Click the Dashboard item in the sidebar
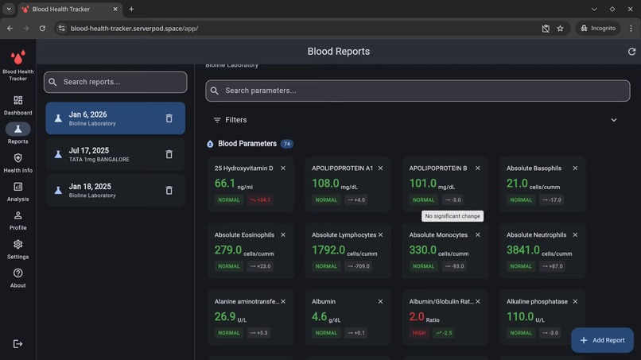(x=17, y=105)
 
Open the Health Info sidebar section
(x=17, y=162)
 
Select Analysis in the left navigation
(x=17, y=192)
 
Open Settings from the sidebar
(x=17, y=249)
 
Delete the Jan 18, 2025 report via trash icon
(x=169, y=190)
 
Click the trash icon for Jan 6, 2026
(x=169, y=118)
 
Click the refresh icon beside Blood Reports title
(x=631, y=52)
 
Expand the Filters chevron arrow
(x=613, y=120)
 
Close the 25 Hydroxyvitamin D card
(x=283, y=168)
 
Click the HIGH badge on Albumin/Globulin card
(x=419, y=333)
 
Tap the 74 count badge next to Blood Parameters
(x=286, y=144)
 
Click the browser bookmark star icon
(x=560, y=28)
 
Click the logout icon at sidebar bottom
(x=17, y=343)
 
